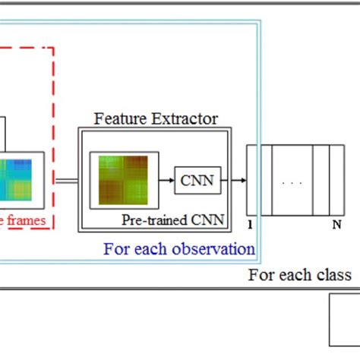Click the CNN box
197,180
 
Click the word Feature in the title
119,119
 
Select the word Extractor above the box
186,119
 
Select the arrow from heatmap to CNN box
166,180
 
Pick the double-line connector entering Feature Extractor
67,180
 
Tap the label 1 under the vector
251,225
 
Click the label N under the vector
336,225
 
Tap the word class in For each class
334,275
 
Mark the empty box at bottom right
344,321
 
